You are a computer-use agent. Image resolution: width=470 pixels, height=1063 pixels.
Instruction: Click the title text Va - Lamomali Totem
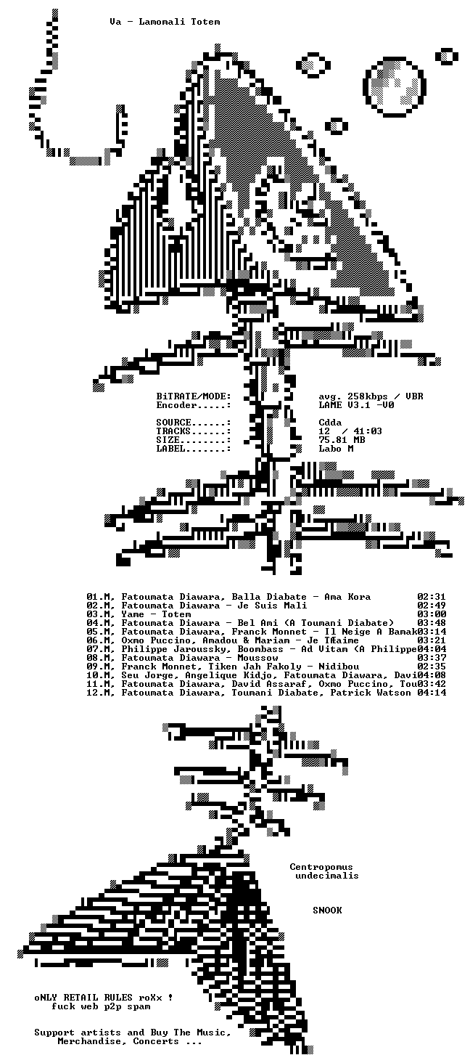[165, 22]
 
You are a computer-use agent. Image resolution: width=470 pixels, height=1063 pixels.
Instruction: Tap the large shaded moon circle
[395, 87]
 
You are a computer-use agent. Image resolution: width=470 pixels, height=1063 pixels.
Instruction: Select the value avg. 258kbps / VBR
[371, 396]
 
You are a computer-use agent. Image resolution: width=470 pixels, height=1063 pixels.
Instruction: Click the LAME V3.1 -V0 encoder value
[356, 405]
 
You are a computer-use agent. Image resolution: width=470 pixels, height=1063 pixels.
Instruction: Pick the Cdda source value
[330, 423]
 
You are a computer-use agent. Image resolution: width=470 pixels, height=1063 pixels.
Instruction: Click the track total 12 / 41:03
[350, 431]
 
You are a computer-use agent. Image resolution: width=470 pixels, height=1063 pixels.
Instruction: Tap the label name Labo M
[336, 449]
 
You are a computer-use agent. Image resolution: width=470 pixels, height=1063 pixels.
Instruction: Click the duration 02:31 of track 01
[432, 597]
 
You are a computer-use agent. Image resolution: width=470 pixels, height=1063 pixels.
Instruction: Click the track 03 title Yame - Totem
[156, 614]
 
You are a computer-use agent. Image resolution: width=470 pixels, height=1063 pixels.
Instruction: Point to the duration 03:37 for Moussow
[432, 658]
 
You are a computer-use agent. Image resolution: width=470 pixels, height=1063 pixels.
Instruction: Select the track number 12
[92, 693]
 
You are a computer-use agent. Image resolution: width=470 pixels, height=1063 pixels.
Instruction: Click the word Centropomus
[321, 867]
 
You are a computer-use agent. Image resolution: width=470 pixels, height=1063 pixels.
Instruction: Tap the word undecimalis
[327, 876]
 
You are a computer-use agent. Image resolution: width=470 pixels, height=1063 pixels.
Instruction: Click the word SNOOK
[327, 911]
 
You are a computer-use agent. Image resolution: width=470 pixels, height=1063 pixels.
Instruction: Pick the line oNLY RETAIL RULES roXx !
[104, 998]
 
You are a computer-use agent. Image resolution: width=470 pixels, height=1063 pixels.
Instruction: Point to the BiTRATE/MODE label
[194, 396]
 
